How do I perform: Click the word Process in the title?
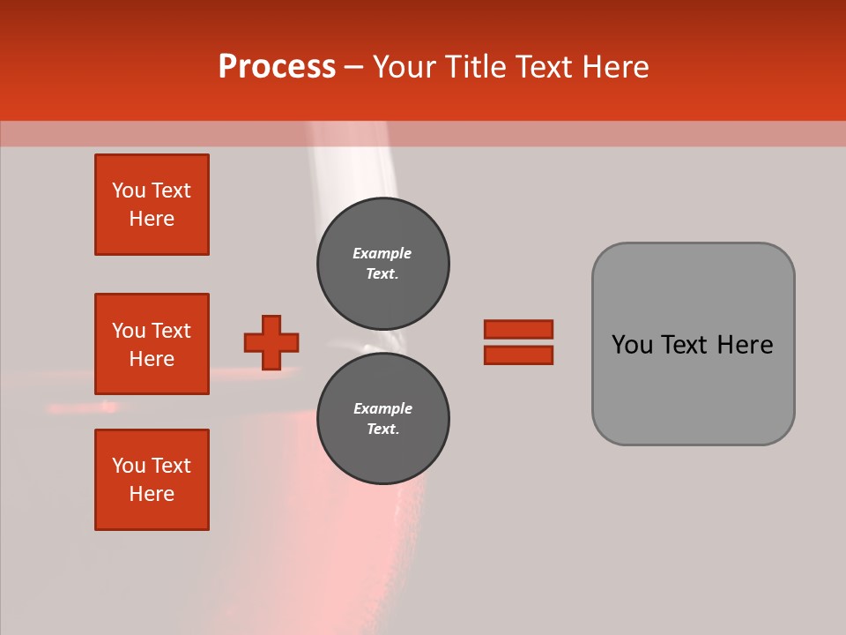pyautogui.click(x=277, y=67)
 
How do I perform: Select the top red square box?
pyautogui.click(x=152, y=205)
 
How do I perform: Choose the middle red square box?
pyautogui.click(x=152, y=344)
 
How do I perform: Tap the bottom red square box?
pyautogui.click(x=152, y=480)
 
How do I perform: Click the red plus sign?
pyautogui.click(x=271, y=342)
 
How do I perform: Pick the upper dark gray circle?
pyautogui.click(x=383, y=263)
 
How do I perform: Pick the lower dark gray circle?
pyautogui.click(x=383, y=418)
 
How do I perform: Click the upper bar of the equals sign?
pyautogui.click(x=518, y=329)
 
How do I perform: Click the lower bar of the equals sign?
pyautogui.click(x=518, y=355)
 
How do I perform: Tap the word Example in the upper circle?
pyautogui.click(x=382, y=253)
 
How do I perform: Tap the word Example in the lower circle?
pyautogui.click(x=382, y=408)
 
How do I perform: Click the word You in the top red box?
pyautogui.click(x=128, y=190)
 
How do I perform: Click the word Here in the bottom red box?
pyautogui.click(x=152, y=494)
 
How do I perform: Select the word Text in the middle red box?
pyautogui.click(x=171, y=331)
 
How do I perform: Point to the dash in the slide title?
pyautogui.click(x=354, y=67)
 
